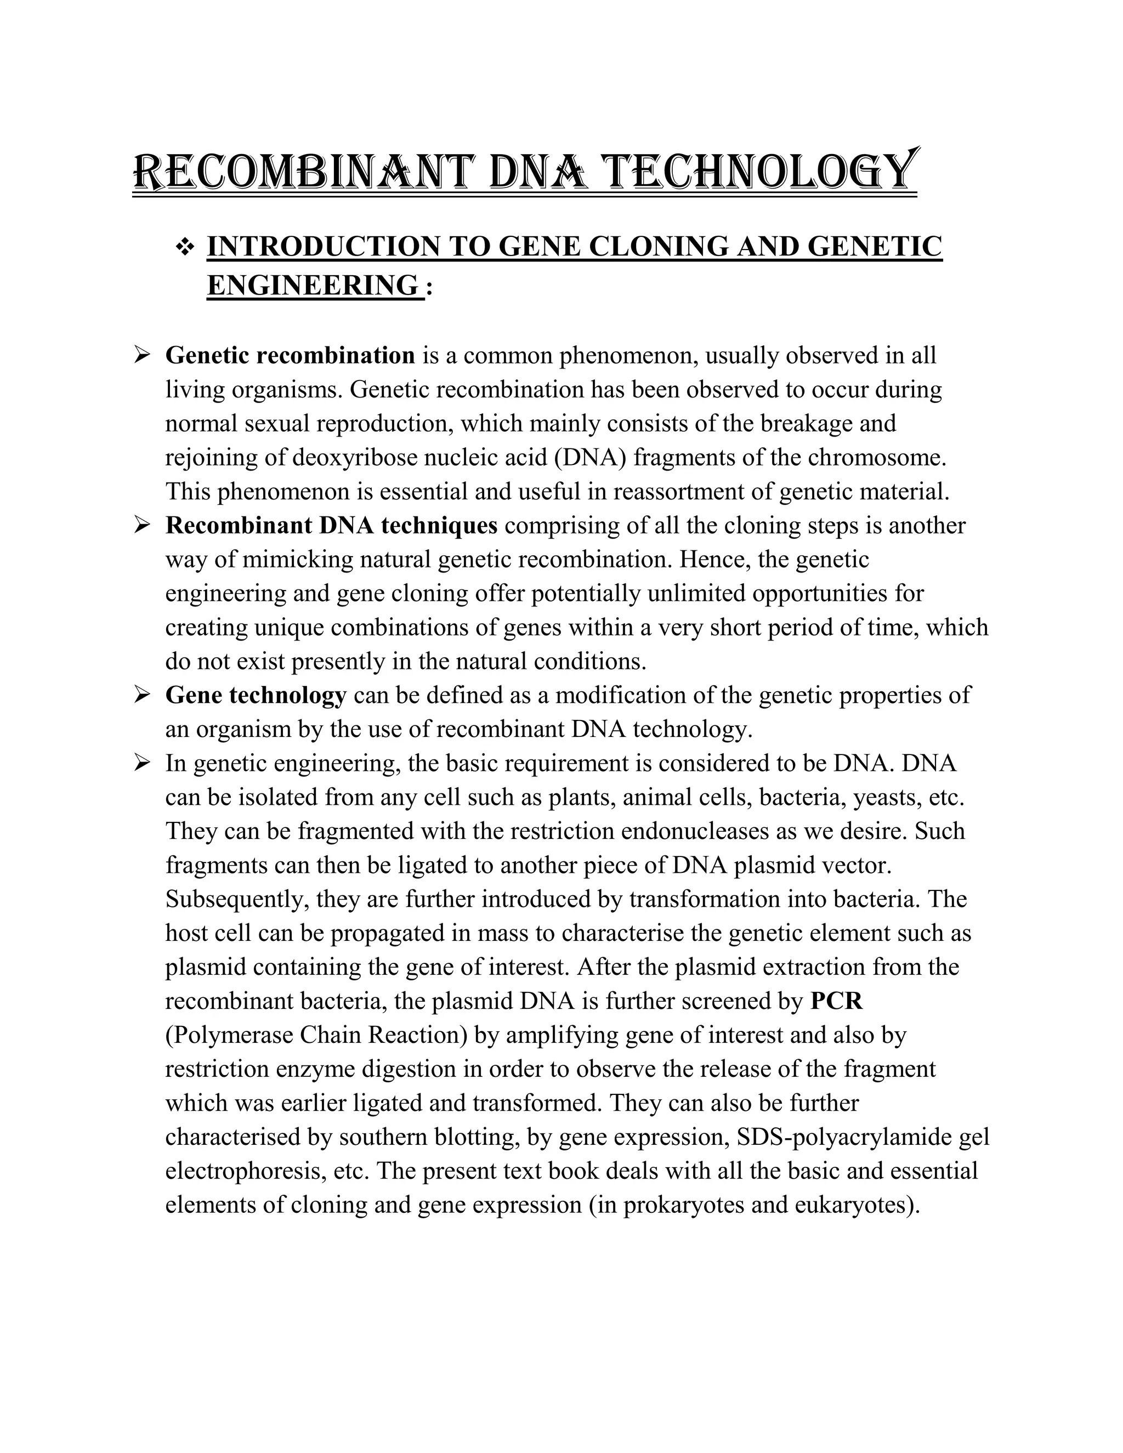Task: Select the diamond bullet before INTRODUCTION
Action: [184, 247]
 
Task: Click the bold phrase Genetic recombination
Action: [290, 356]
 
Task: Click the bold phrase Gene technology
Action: [256, 696]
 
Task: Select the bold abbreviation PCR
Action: [836, 1001]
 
